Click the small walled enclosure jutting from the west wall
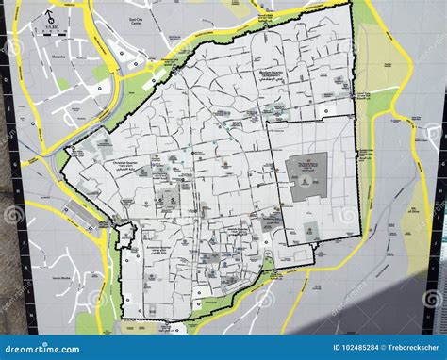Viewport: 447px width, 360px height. pos(126,234)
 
